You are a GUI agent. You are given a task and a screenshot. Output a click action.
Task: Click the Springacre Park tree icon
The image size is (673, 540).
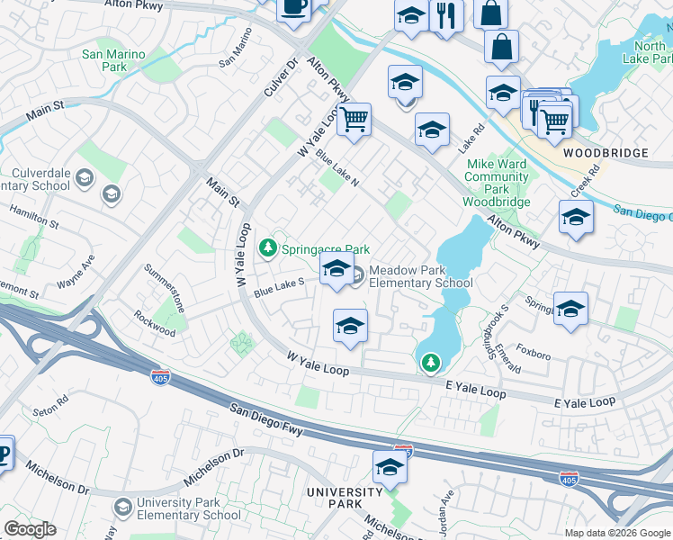[267, 247]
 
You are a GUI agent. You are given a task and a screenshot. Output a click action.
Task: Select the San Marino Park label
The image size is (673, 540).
[113, 60]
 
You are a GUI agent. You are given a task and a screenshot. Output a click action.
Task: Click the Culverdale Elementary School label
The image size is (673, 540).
[40, 180]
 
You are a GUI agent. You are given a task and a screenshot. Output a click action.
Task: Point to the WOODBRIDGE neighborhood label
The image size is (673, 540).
[606, 153]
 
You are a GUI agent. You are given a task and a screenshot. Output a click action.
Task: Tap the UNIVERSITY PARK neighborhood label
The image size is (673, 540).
[344, 498]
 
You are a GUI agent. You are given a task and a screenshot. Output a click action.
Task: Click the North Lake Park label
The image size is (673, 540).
[650, 52]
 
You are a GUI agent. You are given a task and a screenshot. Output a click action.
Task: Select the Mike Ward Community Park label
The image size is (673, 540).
[496, 177]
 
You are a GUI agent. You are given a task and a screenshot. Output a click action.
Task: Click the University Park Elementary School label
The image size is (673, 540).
[188, 509]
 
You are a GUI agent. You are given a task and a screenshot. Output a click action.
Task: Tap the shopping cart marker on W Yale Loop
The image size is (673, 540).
[354, 119]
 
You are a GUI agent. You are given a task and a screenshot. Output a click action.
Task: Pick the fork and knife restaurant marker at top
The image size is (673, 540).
[445, 15]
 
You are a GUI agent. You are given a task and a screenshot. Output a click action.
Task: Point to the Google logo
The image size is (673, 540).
[30, 529]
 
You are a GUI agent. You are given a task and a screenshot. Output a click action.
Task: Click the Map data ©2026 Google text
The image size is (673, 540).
[617, 533]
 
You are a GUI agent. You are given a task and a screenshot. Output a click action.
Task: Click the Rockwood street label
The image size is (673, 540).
[155, 324]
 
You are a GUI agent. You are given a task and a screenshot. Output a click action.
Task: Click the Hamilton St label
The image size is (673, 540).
[34, 216]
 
